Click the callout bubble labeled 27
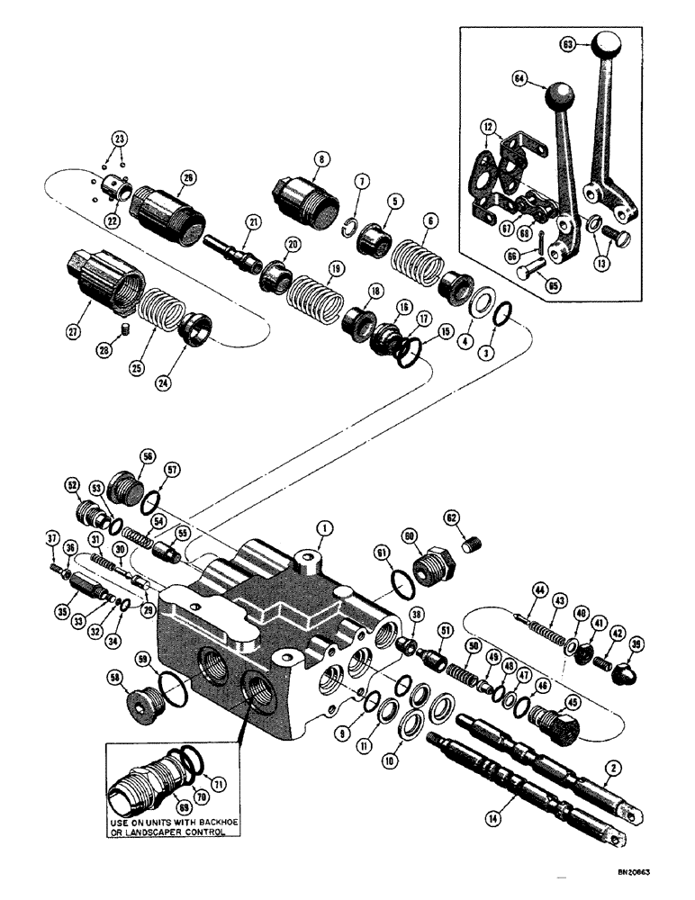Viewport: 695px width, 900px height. (x=70, y=308)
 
